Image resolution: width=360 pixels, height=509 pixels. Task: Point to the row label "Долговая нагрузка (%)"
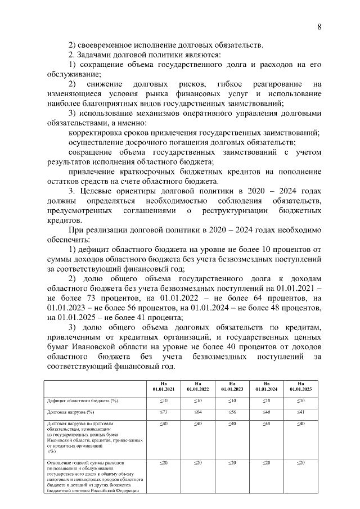tap(71, 412)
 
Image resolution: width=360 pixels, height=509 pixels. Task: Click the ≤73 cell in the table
tap(163, 412)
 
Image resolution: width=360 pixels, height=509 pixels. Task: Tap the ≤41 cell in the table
tap(301, 412)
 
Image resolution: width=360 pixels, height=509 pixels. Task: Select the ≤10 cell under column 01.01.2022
tap(197, 400)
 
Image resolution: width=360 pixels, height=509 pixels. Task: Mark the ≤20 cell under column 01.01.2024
tap(267, 462)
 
